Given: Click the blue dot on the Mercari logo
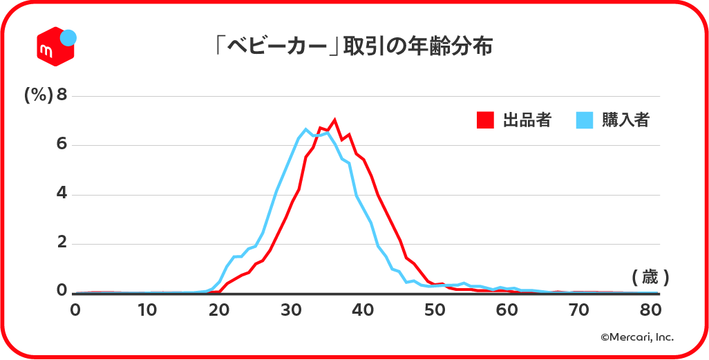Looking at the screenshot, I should coord(68,38).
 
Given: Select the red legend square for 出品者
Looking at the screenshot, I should coord(486,120).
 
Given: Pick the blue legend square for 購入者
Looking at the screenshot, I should coord(585,120).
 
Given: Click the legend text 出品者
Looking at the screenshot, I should coord(527,120).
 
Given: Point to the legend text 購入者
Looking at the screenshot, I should coord(625,120).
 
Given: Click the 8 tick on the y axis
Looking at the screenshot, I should coord(62,95).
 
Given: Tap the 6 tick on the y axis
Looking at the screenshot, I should coord(62,144).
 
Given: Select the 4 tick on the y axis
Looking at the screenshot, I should coord(62,194).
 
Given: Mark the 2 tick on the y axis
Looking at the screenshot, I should coord(62,243).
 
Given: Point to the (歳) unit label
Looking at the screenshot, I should coord(650,278).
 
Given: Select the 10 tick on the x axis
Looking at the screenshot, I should coord(146,310).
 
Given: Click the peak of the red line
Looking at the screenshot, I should coord(334,120).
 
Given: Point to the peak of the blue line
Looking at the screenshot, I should coord(305,129).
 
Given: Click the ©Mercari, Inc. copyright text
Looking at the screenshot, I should coord(636,337).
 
